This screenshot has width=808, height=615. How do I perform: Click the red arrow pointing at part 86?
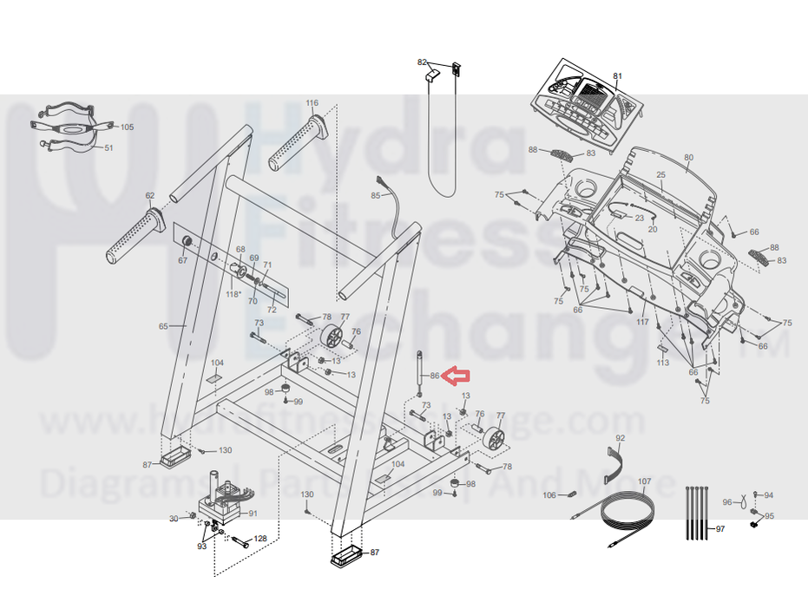click(457, 376)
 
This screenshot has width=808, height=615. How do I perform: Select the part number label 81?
click(618, 76)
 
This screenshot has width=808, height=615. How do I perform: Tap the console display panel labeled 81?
click(590, 102)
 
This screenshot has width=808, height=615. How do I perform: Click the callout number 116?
click(312, 103)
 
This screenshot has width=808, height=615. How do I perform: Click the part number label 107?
click(644, 481)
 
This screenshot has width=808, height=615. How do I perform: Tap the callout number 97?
click(719, 529)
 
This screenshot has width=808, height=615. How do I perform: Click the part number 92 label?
click(620, 439)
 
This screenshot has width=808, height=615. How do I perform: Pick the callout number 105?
click(127, 128)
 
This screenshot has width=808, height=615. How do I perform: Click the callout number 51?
click(109, 148)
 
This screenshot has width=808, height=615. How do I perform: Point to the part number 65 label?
click(163, 326)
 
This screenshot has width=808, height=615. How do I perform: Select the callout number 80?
click(689, 158)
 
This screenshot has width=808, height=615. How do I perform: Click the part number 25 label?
click(660, 175)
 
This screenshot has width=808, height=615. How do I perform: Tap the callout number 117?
click(642, 322)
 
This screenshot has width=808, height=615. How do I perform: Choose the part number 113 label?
click(663, 363)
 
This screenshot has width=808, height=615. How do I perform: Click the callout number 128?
click(260, 540)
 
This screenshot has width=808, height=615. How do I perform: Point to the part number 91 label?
click(253, 514)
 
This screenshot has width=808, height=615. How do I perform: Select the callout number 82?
click(423, 62)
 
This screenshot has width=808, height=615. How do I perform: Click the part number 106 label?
click(549, 495)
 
